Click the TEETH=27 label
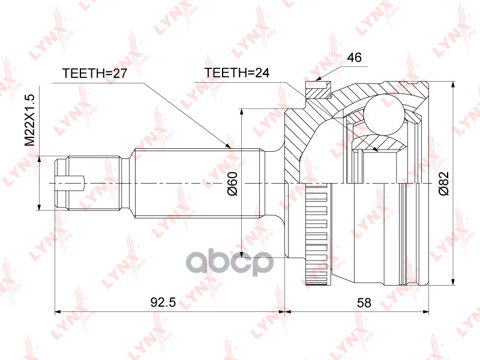[x=95, y=73]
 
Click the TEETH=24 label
[x=236, y=73]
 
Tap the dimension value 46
[x=355, y=57]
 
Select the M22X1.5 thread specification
[x=30, y=120]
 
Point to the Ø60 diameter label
[x=232, y=184]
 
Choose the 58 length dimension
[x=364, y=302]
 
